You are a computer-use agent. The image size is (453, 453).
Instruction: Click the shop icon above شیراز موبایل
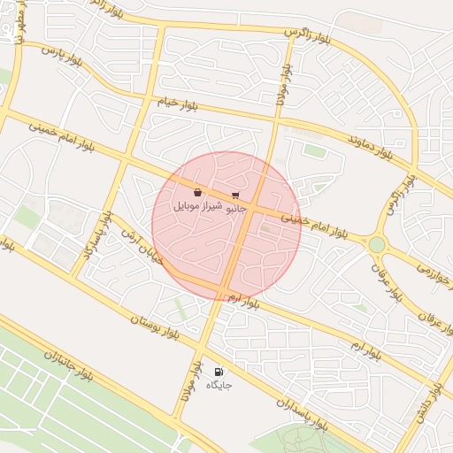pos(196,192)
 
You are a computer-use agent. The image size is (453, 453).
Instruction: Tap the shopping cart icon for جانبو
pos(235,196)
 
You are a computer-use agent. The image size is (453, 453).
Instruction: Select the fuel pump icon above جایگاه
pos(219,372)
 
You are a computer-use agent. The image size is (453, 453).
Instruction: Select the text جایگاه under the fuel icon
pos(219,386)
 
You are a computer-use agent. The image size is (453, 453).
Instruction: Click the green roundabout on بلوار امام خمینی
pos(378,244)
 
